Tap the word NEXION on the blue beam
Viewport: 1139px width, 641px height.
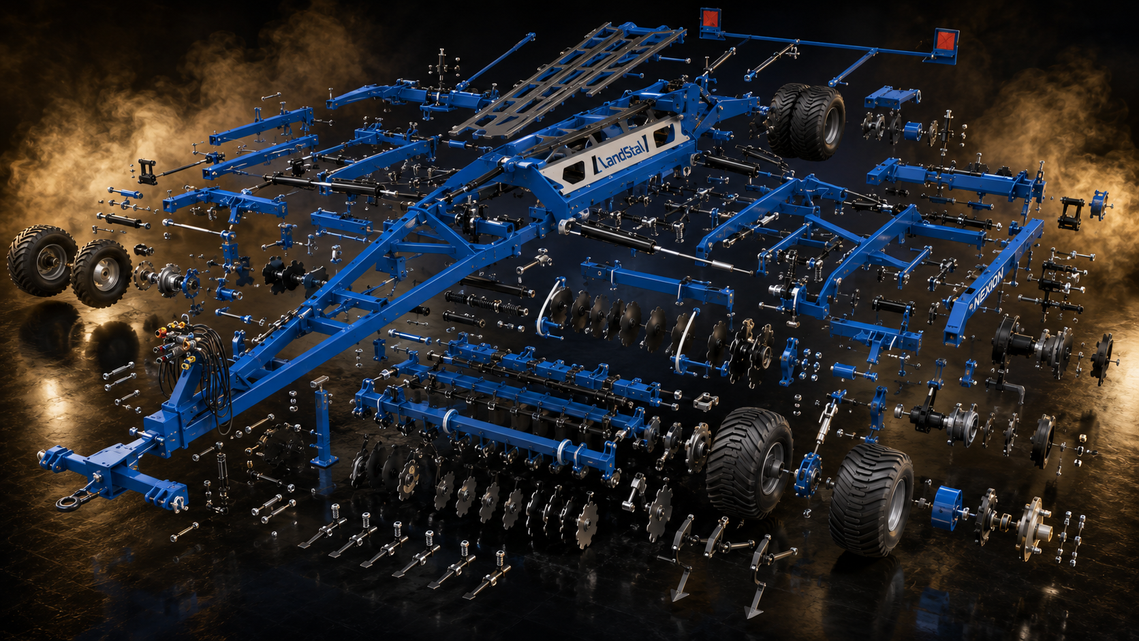[988, 287]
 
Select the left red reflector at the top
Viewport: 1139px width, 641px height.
[710, 20]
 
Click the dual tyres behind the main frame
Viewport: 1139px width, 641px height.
[806, 121]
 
